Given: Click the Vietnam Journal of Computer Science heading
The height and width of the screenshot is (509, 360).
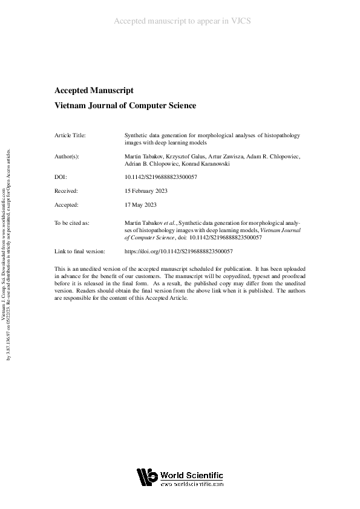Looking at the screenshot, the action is pyautogui.click(x=125, y=106).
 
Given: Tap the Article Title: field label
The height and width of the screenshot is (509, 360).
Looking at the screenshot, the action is pyautogui.click(x=70, y=135).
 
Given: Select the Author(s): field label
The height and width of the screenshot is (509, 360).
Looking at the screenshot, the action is pyautogui.click(x=67, y=156).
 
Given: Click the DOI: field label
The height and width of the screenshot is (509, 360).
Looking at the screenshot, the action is pyautogui.click(x=61, y=177).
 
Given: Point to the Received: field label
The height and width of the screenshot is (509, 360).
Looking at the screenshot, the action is pyautogui.click(x=66, y=190).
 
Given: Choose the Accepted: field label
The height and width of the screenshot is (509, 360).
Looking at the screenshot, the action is pyautogui.click(x=67, y=205).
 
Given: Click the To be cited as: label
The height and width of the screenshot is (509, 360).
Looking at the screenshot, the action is pyautogui.click(x=72, y=223).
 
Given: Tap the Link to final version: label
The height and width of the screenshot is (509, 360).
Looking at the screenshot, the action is pyautogui.click(x=80, y=251).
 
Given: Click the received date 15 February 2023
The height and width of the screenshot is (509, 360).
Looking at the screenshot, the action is pyautogui.click(x=146, y=190).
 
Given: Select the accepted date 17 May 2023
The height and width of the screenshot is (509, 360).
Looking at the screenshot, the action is pyautogui.click(x=140, y=205).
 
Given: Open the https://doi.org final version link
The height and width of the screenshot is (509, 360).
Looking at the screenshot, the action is pyautogui.click(x=178, y=251).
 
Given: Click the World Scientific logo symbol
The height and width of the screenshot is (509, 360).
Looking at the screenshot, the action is pyautogui.click(x=147, y=477).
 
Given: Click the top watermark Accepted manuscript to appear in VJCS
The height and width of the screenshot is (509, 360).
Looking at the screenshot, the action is pyautogui.click(x=182, y=21).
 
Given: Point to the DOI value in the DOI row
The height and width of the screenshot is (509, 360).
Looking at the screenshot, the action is pyautogui.click(x=160, y=177).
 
